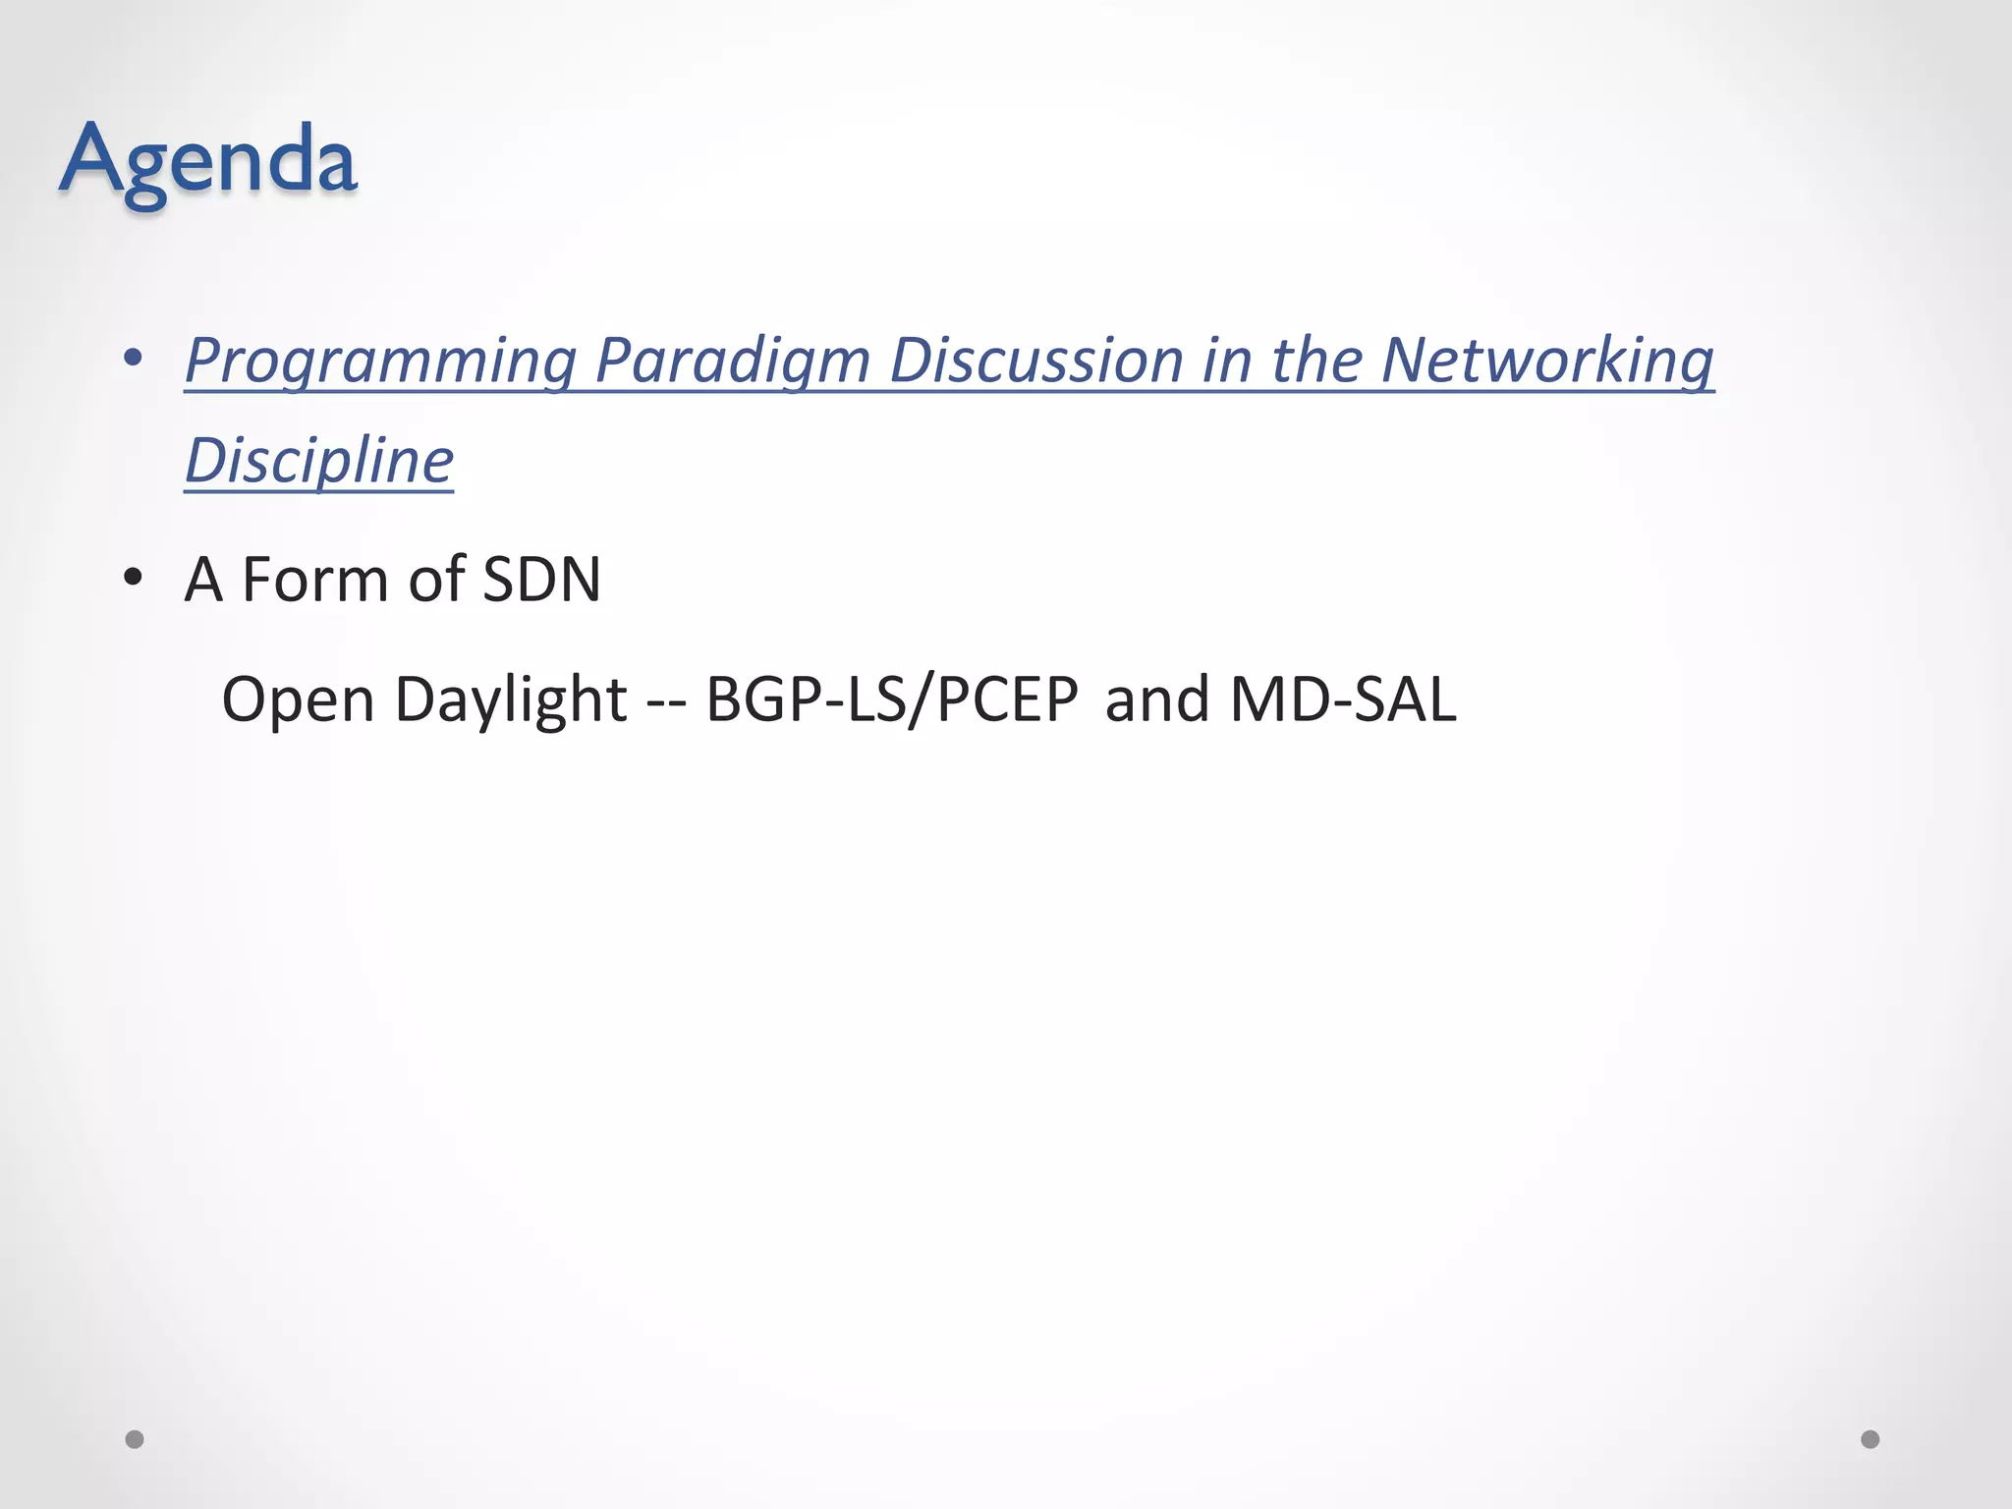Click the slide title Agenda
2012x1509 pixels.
point(207,159)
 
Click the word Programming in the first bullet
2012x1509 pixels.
point(380,361)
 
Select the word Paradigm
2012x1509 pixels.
point(732,361)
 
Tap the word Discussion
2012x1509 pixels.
point(1035,361)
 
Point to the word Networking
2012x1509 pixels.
point(1547,361)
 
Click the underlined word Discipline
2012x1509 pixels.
point(319,461)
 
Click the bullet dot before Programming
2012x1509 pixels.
point(135,358)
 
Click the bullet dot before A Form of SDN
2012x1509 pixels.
point(135,578)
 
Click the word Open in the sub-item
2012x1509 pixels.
point(298,700)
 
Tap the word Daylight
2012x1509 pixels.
point(510,700)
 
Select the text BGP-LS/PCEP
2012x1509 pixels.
point(892,700)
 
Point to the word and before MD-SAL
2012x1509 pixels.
point(1156,700)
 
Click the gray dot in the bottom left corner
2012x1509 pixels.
point(135,1439)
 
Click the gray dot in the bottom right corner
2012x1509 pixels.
point(1871,1439)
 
